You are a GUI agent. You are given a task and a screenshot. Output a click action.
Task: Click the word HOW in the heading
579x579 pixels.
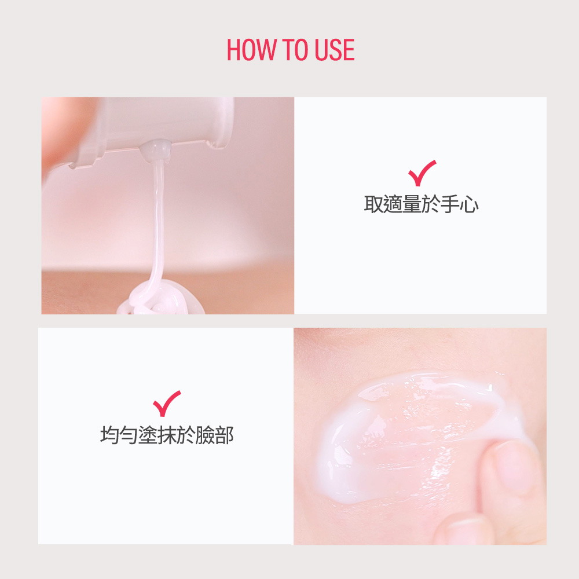[x=251, y=49]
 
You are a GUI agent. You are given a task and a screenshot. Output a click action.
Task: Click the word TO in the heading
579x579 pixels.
[x=295, y=49]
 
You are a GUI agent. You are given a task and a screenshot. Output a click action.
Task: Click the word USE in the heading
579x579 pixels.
[x=335, y=49]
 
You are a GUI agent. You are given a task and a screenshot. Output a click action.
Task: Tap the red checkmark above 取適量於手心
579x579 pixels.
[x=422, y=173]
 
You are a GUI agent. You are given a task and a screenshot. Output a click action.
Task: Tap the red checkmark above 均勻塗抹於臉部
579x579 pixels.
[x=167, y=403]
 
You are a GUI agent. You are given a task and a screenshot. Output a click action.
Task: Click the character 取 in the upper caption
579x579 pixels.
[x=373, y=204]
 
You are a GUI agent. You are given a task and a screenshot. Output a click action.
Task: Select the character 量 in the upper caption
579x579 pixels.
[x=412, y=204]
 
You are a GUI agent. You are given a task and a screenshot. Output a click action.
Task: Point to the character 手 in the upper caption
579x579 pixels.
[x=450, y=204]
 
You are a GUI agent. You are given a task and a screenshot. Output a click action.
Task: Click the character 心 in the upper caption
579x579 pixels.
[x=470, y=204]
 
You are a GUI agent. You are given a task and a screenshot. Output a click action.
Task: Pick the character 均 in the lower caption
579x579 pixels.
[x=109, y=435]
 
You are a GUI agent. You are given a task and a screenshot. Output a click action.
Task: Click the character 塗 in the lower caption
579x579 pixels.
[x=148, y=435]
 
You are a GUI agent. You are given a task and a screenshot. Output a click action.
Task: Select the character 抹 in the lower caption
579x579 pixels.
[x=167, y=435]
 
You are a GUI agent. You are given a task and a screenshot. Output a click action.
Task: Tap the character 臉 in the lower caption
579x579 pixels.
[x=206, y=435]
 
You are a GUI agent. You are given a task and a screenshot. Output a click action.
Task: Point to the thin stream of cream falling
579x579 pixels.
[x=157, y=222]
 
